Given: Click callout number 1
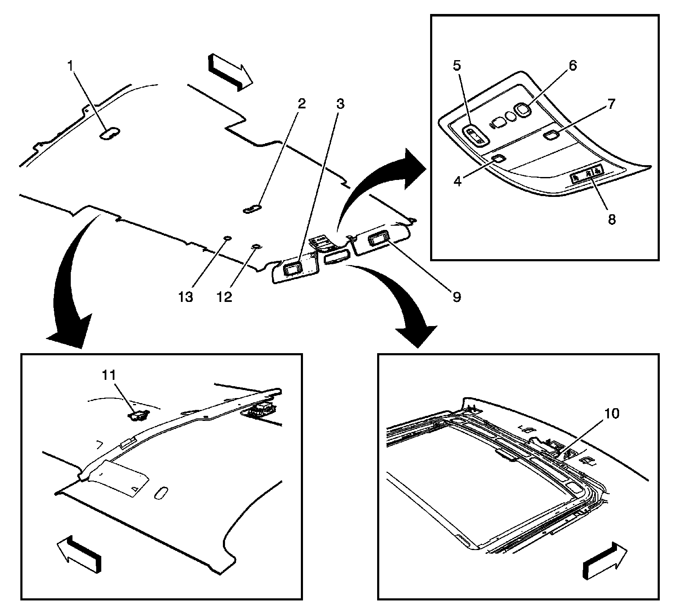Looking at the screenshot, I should pyautogui.click(x=71, y=66).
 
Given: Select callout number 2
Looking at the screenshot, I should pyautogui.click(x=301, y=104).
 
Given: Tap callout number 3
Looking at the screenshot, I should pyautogui.click(x=340, y=104).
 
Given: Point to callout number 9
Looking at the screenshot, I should pyautogui.click(x=456, y=297).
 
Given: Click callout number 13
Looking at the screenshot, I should pyautogui.click(x=186, y=297).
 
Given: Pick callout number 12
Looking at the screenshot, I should pyautogui.click(x=225, y=297).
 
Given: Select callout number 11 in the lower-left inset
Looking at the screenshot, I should pyautogui.click(x=108, y=375).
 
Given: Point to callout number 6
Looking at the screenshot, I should pyautogui.click(x=572, y=66).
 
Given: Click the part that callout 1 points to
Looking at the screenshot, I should pyautogui.click(x=109, y=133).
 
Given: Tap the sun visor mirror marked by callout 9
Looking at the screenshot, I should pyautogui.click(x=377, y=240).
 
